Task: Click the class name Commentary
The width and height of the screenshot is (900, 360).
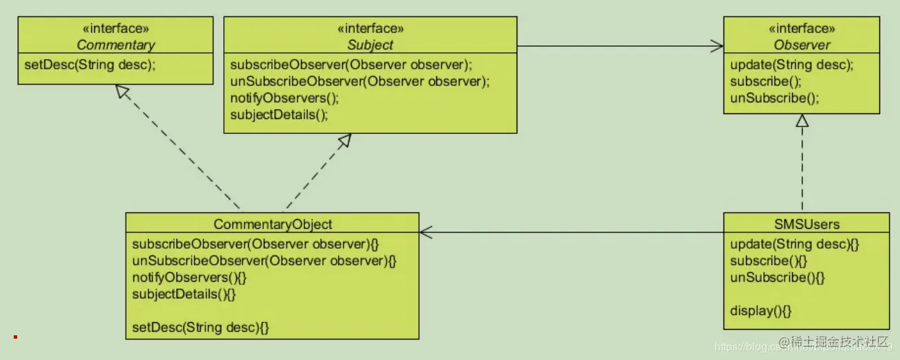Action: point(115,45)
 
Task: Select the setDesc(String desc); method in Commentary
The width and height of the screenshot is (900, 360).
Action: point(87,66)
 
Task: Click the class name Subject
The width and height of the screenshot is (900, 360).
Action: point(370,45)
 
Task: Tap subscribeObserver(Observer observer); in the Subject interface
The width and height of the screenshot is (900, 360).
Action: point(352,65)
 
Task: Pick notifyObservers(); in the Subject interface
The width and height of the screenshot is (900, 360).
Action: point(284,98)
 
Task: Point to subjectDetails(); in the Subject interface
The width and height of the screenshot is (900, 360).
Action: point(279,115)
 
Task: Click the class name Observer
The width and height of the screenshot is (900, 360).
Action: point(802,45)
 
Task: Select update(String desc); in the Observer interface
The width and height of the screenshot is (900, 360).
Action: point(791,65)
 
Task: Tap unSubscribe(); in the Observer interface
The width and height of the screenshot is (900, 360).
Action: point(775,98)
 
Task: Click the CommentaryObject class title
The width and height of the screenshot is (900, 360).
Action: point(273,225)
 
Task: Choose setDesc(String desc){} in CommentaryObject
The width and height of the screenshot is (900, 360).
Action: point(200,328)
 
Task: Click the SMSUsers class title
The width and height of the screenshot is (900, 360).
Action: point(802,225)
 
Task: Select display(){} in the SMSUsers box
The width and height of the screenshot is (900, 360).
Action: point(761,311)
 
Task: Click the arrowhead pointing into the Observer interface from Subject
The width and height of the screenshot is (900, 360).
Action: point(717,46)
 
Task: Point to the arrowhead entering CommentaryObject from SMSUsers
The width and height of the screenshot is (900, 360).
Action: point(426,232)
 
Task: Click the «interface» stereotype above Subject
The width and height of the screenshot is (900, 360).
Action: point(370,29)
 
